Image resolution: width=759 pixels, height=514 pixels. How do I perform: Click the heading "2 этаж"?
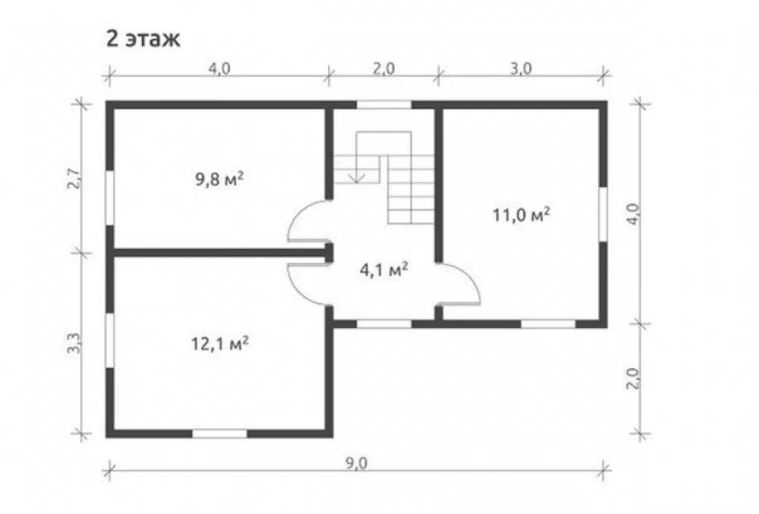143,39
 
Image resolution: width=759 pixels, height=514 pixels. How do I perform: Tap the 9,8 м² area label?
219,180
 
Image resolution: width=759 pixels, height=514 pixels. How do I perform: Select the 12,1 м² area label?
220,344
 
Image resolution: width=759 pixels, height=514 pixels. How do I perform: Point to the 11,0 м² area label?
521,214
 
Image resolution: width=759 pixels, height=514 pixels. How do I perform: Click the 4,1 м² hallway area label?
383,270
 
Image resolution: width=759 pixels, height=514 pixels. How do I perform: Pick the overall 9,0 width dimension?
356,463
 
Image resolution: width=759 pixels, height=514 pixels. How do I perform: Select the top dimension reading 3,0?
521,69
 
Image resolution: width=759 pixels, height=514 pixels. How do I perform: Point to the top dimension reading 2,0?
384,69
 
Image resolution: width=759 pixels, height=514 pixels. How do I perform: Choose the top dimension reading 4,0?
219,69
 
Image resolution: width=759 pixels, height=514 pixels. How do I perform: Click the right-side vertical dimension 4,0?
635,213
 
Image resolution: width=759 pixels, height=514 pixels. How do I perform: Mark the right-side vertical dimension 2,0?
635,379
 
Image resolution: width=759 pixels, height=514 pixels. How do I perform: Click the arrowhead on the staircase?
357,178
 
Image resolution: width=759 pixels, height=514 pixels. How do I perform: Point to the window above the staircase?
384,105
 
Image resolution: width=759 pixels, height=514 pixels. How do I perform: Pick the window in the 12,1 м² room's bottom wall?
220,434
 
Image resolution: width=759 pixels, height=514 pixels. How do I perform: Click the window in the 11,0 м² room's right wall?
603,214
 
